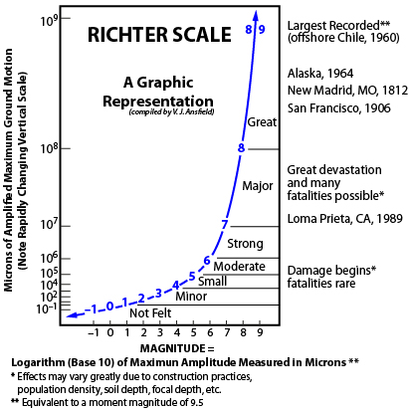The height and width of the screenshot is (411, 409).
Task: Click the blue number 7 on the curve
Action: [x=225, y=223]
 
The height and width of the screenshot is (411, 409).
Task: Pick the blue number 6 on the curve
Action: [x=207, y=261]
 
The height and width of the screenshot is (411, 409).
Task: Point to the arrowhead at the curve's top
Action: [x=256, y=13]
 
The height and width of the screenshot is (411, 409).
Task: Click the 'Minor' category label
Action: [x=190, y=296]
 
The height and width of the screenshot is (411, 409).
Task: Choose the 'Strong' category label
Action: [x=245, y=244]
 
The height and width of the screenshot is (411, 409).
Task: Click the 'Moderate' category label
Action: [x=240, y=266]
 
